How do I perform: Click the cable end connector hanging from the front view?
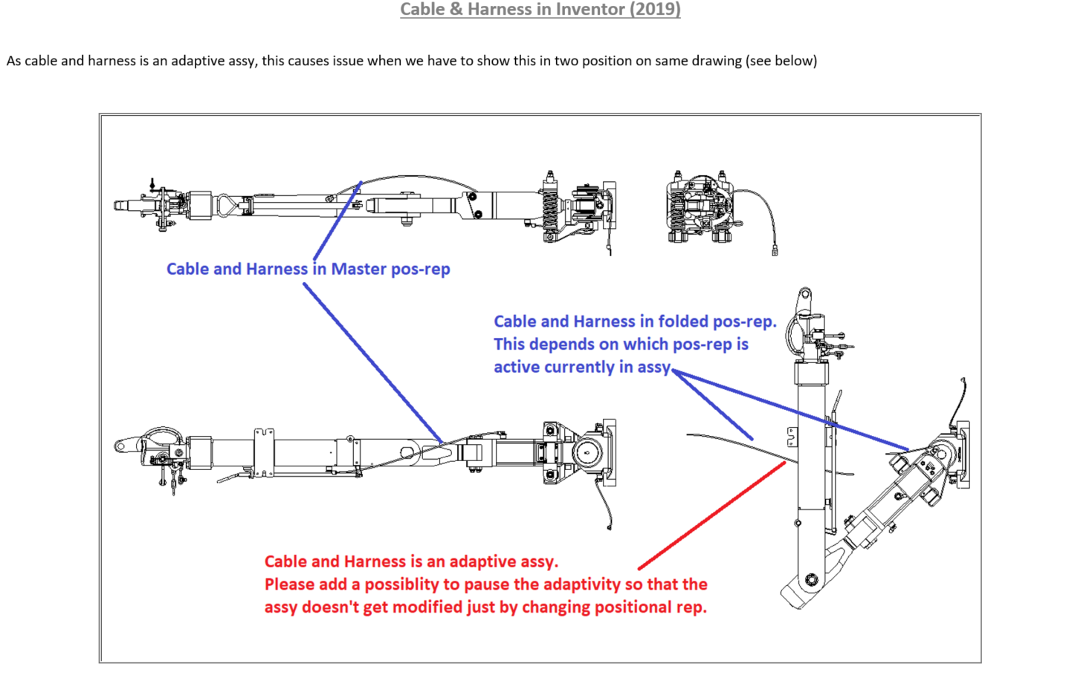pyautogui.click(x=774, y=252)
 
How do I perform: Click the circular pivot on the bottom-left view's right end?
pyautogui.click(x=587, y=452)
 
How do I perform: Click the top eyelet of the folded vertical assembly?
pyautogui.click(x=805, y=297)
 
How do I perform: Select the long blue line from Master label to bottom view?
pyautogui.click(x=372, y=362)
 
